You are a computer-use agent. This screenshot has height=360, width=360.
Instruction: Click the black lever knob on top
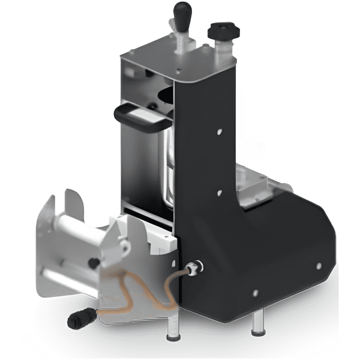pos(182,11)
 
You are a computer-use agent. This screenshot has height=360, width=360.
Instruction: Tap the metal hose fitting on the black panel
pos(193,267)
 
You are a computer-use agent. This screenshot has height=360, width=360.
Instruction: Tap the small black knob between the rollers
pos(94,262)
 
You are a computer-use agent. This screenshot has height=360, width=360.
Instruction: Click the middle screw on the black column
pos(219,193)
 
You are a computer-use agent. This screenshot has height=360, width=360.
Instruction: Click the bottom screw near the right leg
pos(255,293)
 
